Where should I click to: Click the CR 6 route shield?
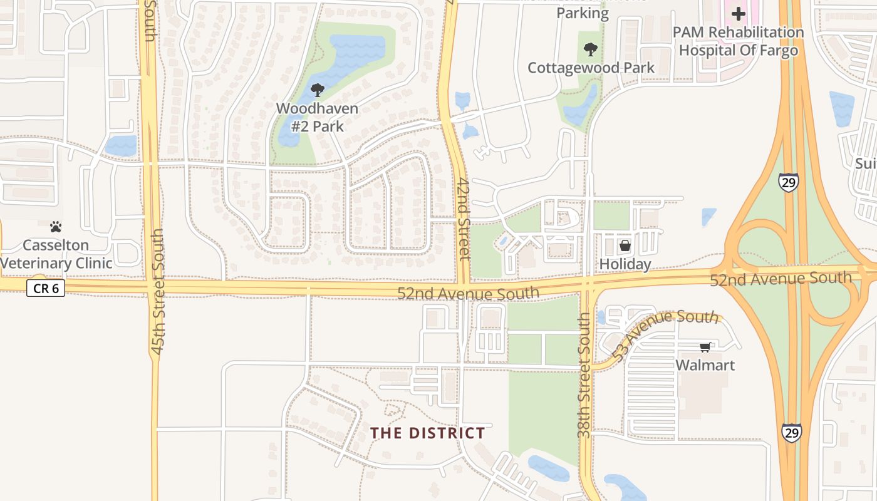tap(46, 288)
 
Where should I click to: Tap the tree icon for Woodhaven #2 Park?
tap(318, 90)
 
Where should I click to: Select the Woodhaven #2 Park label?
tap(317, 117)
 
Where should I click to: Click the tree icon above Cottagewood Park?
tap(590, 49)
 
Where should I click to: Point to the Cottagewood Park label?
tap(591, 68)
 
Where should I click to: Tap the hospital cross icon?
tap(739, 13)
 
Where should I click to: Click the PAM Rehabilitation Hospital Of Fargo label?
tap(738, 41)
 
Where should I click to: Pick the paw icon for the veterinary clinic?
tap(56, 227)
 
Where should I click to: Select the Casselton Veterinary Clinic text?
tap(56, 254)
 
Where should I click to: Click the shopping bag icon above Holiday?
tap(625, 245)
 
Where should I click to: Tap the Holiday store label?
tap(625, 264)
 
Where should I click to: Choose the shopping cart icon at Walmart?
tap(705, 347)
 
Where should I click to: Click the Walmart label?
tap(705, 365)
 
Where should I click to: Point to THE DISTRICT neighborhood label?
tap(427, 433)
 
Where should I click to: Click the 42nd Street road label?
tap(464, 218)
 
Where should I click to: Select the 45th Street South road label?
tap(157, 291)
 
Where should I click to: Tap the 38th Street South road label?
tap(584, 374)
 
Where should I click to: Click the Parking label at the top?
tap(582, 13)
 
